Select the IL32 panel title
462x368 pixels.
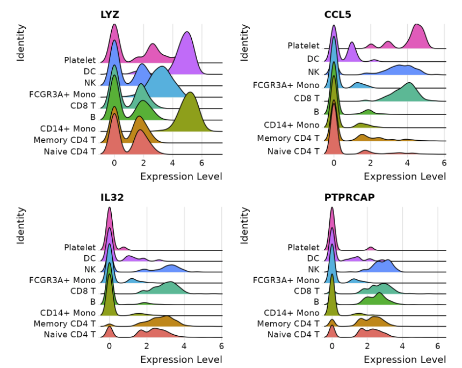click(113, 197)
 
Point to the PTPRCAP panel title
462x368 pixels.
click(349, 197)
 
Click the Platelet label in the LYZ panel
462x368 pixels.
click(80, 60)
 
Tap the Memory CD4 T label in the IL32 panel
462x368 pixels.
click(64, 323)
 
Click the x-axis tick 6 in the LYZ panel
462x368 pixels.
click(201, 163)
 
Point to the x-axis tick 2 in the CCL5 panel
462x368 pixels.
click(371, 163)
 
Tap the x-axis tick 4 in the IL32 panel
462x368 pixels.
click(184, 345)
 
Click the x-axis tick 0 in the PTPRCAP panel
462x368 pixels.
click(332, 345)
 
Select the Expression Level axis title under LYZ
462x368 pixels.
click(181, 176)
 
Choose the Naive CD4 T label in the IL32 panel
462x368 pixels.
click(70, 334)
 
